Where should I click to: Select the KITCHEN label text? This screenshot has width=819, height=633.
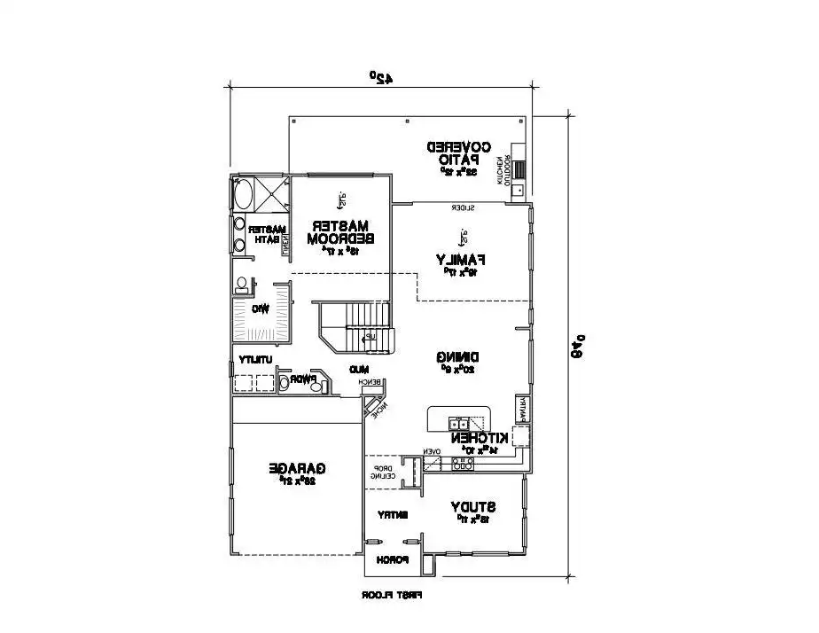coord(480,438)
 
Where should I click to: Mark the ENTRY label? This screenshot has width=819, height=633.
coord(393,514)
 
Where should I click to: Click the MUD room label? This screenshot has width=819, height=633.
coord(358,368)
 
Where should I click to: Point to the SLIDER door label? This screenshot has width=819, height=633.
coord(463,208)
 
